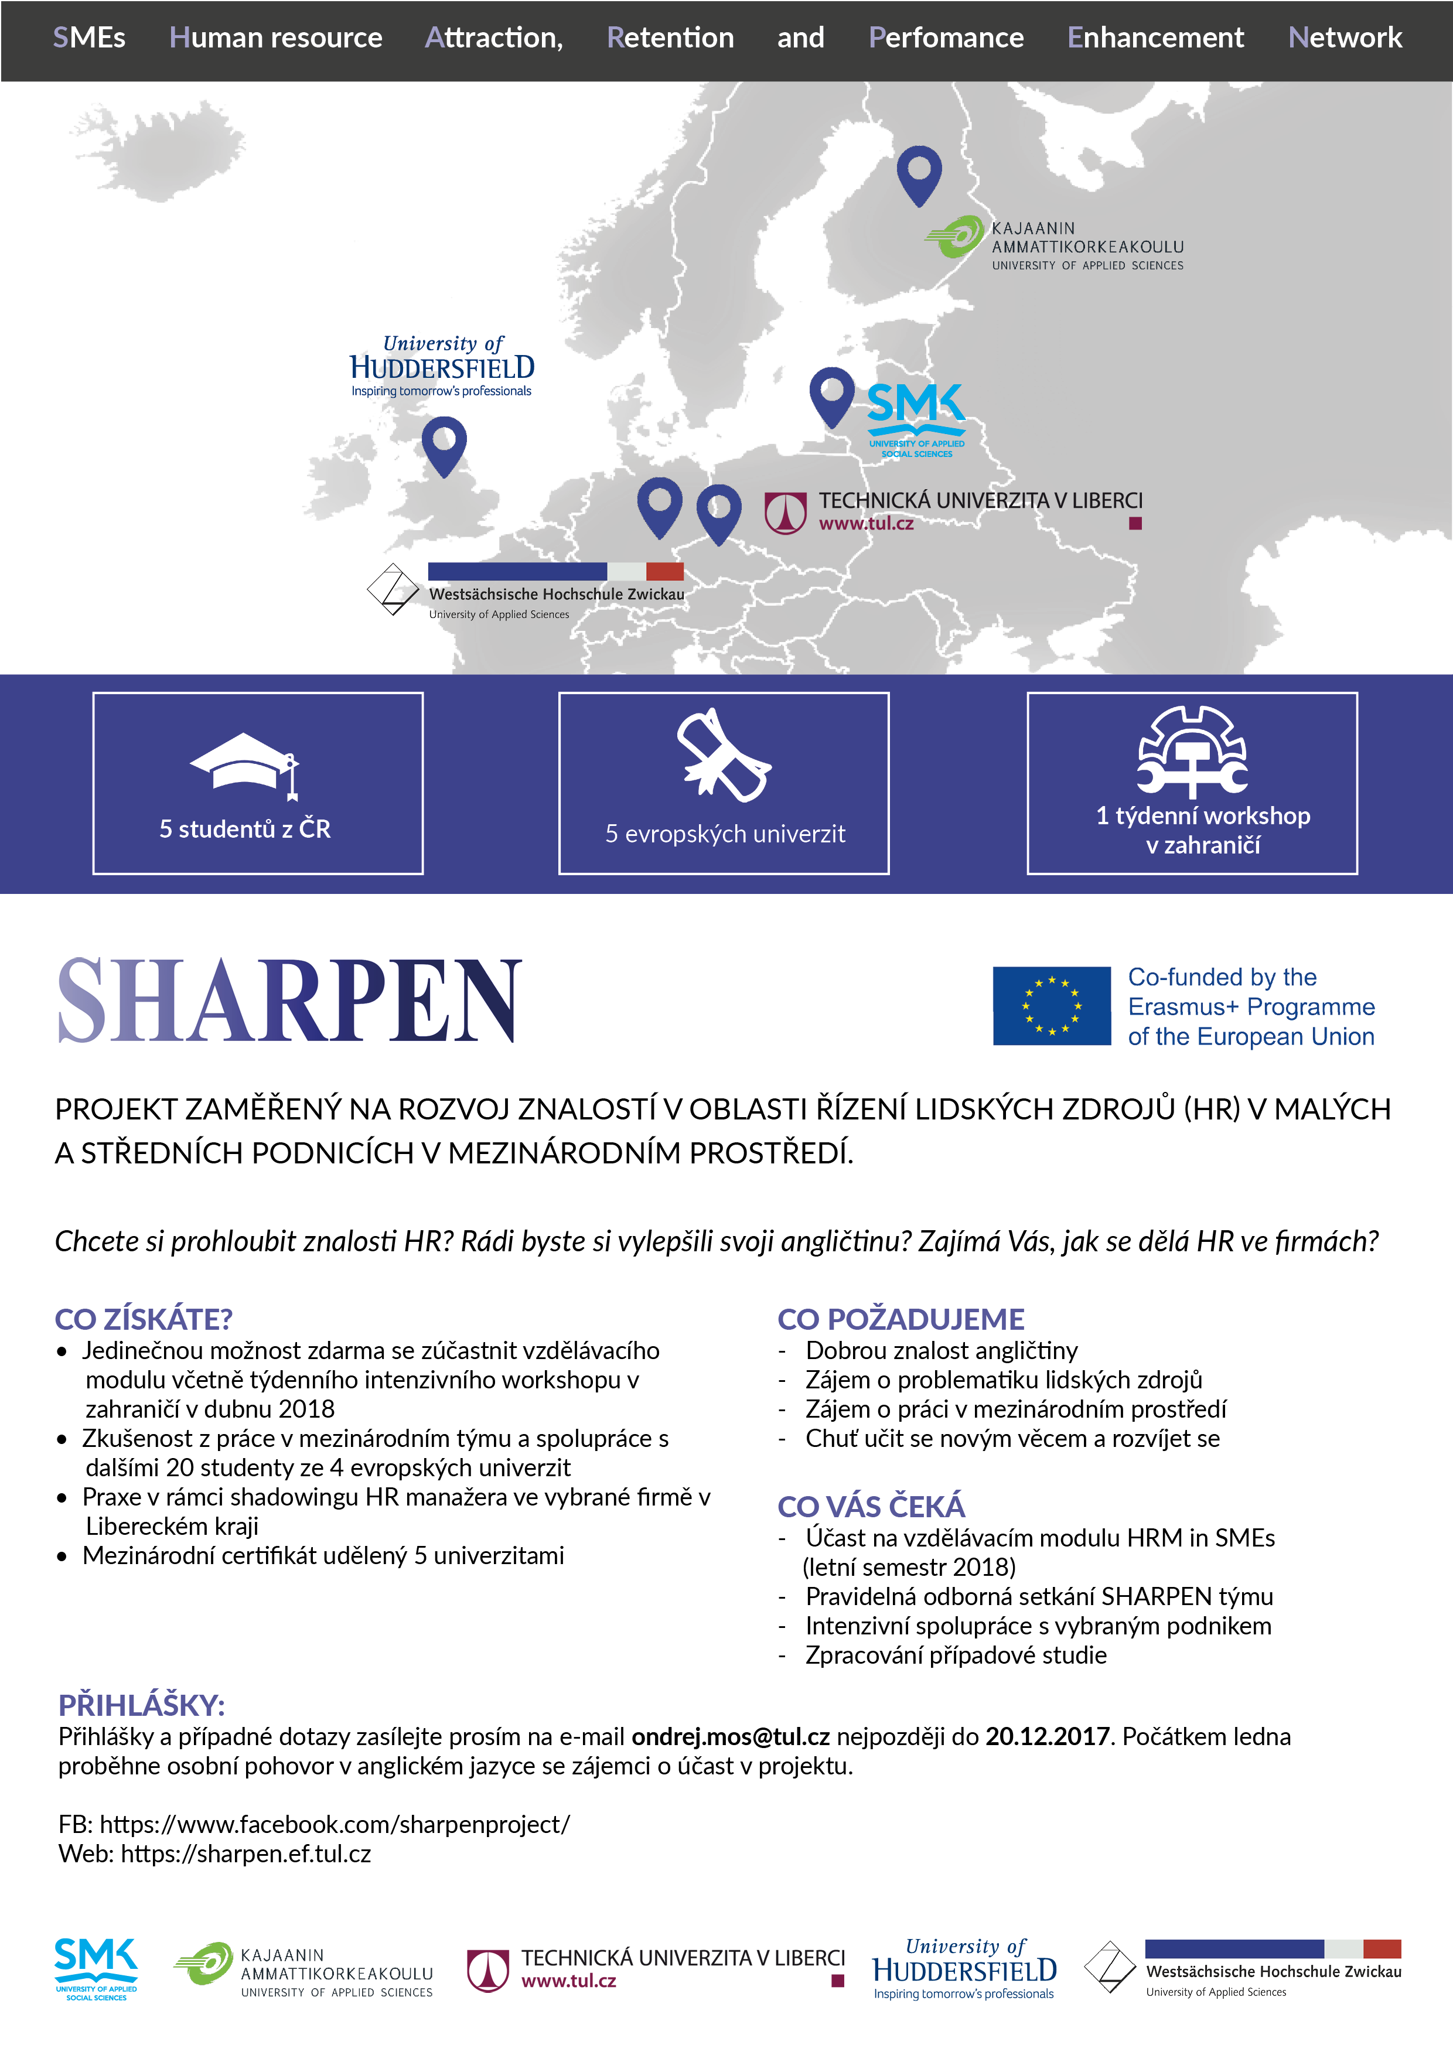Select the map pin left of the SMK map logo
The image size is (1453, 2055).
(832, 395)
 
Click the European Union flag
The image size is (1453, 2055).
(1051, 1005)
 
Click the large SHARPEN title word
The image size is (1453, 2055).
(289, 1001)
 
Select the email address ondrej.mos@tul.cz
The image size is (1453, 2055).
(731, 1736)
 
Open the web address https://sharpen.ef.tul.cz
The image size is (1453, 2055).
(245, 1853)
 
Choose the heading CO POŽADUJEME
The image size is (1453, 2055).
(901, 1319)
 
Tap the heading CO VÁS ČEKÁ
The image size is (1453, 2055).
(871, 1506)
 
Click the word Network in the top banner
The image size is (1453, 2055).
(1345, 37)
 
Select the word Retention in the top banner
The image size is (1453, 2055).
(670, 37)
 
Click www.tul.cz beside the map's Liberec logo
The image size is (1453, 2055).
(866, 524)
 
